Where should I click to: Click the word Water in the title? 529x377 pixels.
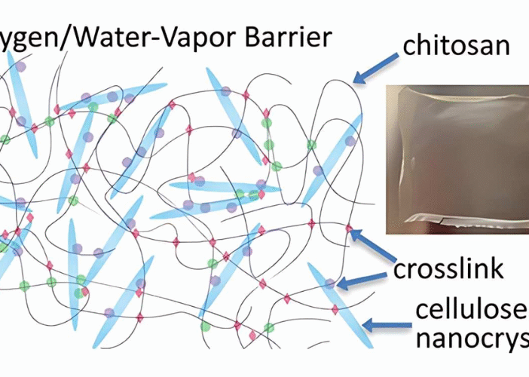point(105,36)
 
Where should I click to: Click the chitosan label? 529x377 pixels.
point(457,44)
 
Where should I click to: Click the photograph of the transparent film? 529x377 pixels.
point(457,158)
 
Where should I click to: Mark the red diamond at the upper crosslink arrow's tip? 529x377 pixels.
point(349,227)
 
